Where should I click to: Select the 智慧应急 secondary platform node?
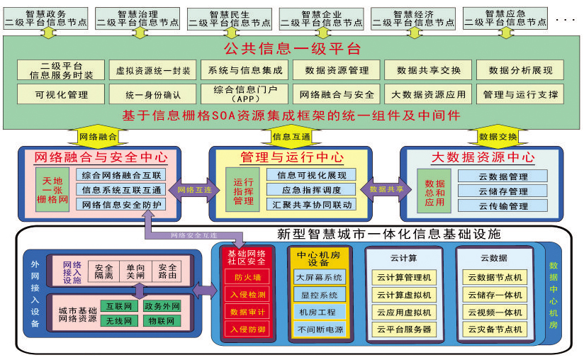[x=505, y=18]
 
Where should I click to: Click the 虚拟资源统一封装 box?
[x=153, y=70]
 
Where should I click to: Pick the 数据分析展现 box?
[x=521, y=70]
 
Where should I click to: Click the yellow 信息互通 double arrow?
[x=291, y=135]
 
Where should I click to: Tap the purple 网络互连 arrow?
[x=194, y=189]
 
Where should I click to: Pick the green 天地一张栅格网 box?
[x=54, y=190]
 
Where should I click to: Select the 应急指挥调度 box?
[x=312, y=190]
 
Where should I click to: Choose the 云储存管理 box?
[x=502, y=191]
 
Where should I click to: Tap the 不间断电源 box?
[x=319, y=329]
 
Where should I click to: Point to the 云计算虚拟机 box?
[x=404, y=295]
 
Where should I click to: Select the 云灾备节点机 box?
[x=494, y=330]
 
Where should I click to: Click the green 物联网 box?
[x=160, y=321]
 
